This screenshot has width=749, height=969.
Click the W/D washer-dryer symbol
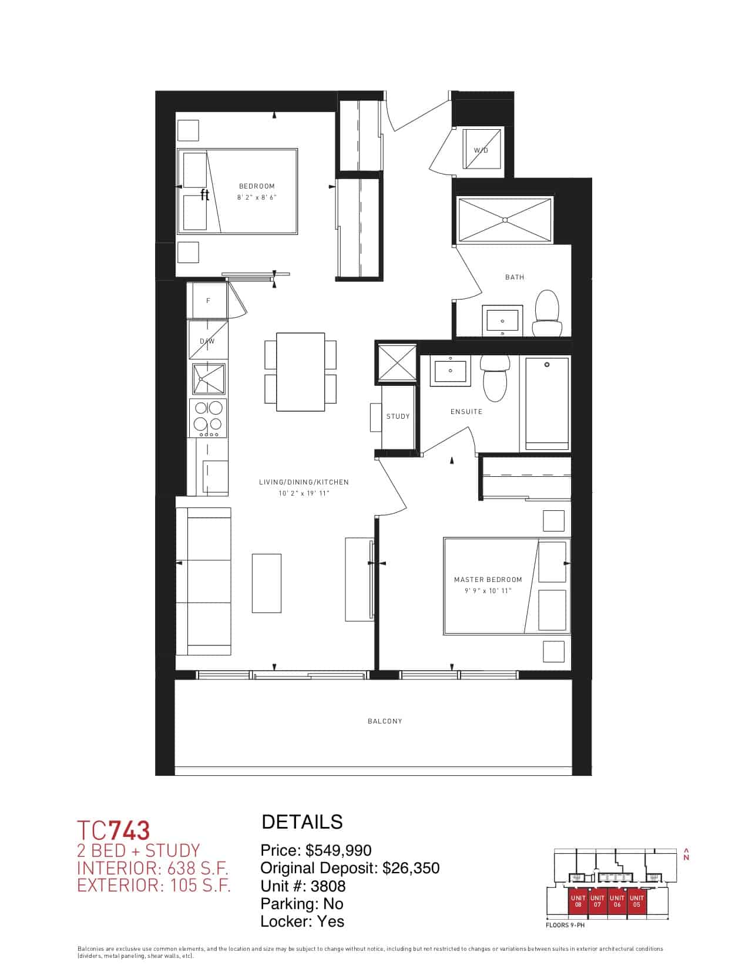click(x=482, y=149)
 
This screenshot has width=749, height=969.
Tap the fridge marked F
click(x=207, y=300)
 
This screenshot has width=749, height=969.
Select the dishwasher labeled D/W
click(x=207, y=340)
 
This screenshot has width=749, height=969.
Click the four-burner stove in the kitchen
click(x=209, y=418)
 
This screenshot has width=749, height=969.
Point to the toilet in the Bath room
click(x=547, y=314)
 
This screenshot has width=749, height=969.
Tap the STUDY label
click(x=398, y=416)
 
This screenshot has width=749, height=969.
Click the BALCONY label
click(x=385, y=721)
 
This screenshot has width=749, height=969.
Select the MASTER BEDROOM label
click(x=488, y=579)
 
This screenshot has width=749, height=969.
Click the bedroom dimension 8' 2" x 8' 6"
click(x=257, y=197)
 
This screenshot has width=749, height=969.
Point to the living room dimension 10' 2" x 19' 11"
click(x=303, y=493)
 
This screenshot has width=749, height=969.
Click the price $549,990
click(x=338, y=850)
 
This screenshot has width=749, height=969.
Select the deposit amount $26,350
click(x=411, y=868)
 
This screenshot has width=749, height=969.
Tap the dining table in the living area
click(x=300, y=372)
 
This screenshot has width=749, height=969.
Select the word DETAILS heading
click(x=302, y=822)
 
